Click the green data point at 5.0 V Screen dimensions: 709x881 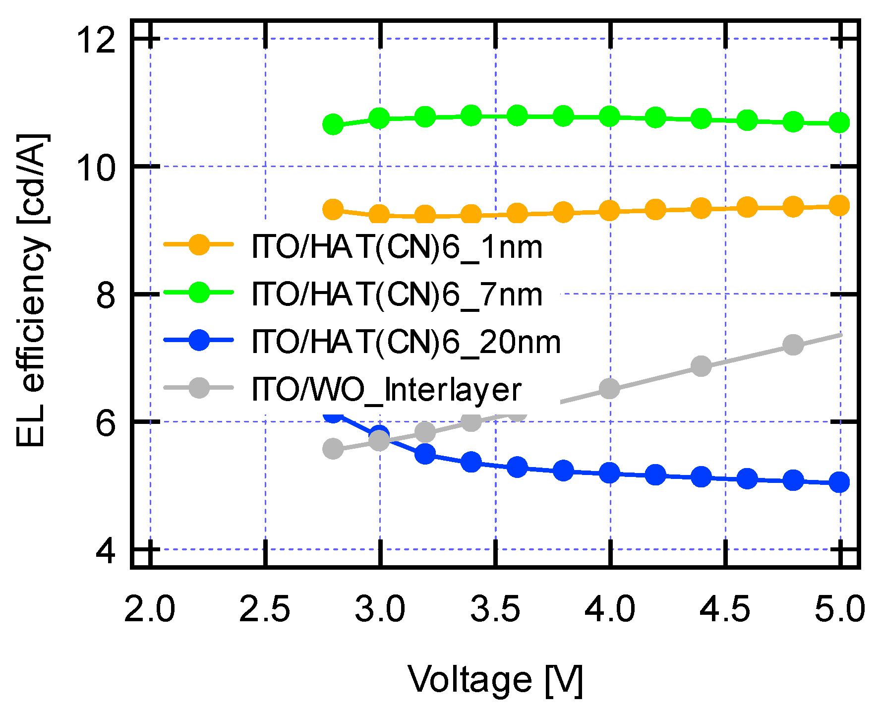pos(839,122)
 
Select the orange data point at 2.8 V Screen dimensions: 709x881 pos(333,210)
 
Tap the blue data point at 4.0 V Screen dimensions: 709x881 pos(609,473)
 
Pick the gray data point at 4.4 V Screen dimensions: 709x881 pos(701,366)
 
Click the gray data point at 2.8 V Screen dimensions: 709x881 pos(333,449)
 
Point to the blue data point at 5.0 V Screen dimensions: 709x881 pos(839,482)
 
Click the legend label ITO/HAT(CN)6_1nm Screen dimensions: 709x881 pos(397,247)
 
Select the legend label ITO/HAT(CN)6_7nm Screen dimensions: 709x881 pos(397,295)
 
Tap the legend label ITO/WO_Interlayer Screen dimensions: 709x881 pos(387,390)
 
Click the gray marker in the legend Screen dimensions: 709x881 pos(199,388)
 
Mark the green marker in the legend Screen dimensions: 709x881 pos(199,292)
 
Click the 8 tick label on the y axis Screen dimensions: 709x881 pos(105,296)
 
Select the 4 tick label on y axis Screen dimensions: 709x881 pos(105,551)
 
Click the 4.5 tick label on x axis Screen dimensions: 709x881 pos(724,609)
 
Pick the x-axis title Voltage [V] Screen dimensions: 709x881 pos(495,680)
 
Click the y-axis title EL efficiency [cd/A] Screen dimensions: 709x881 pos(31,290)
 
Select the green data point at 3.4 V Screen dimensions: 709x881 pos(471,116)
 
